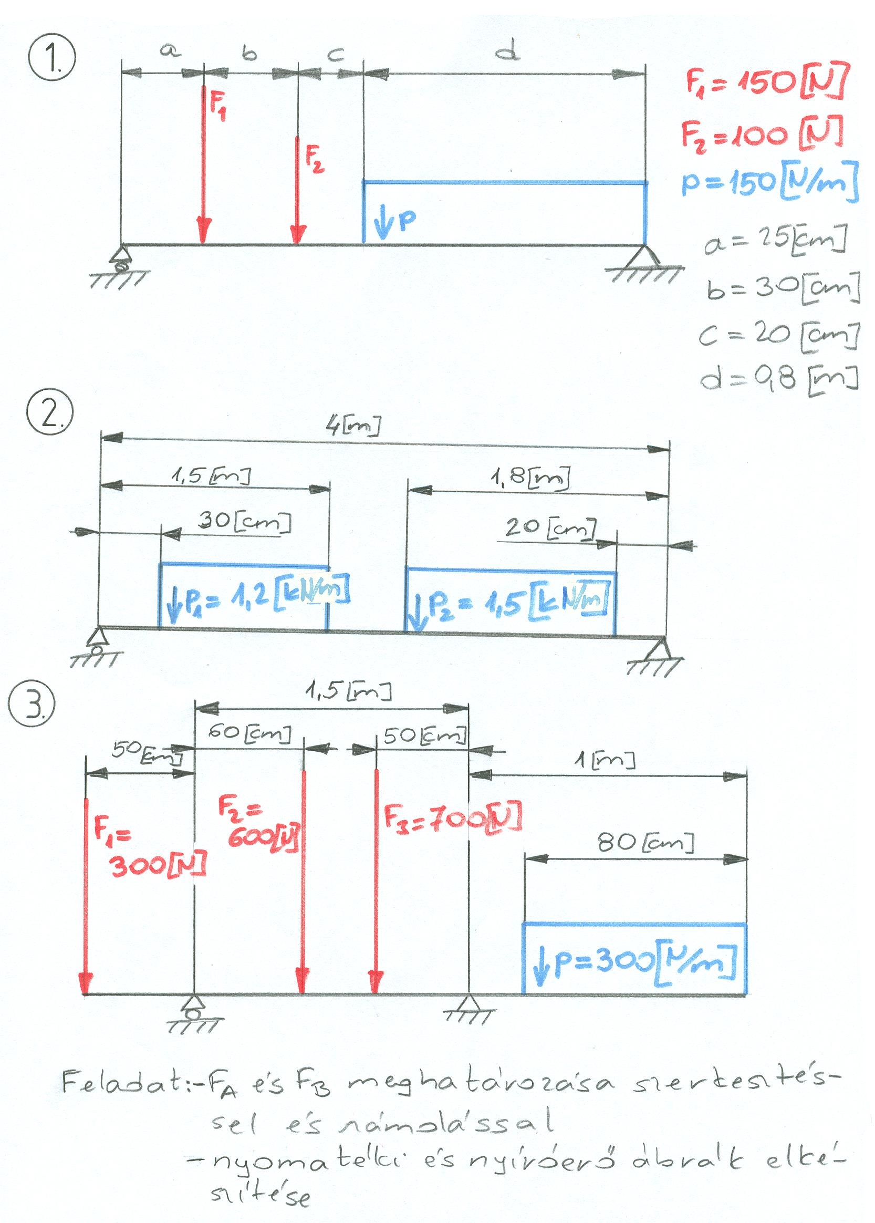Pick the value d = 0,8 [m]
point(778,379)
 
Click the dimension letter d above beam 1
point(506,52)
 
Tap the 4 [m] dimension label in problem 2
point(353,427)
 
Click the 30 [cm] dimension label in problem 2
point(246,522)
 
